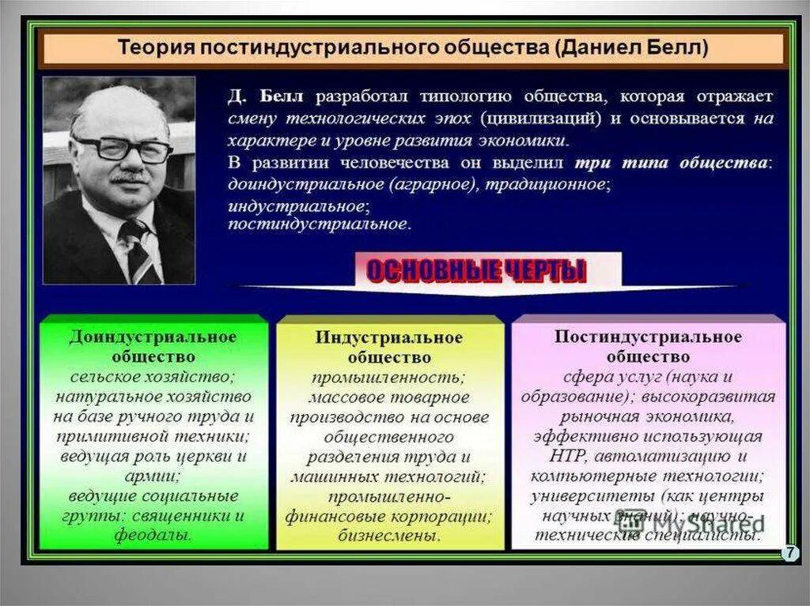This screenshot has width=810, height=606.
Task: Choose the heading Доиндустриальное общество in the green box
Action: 153,346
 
